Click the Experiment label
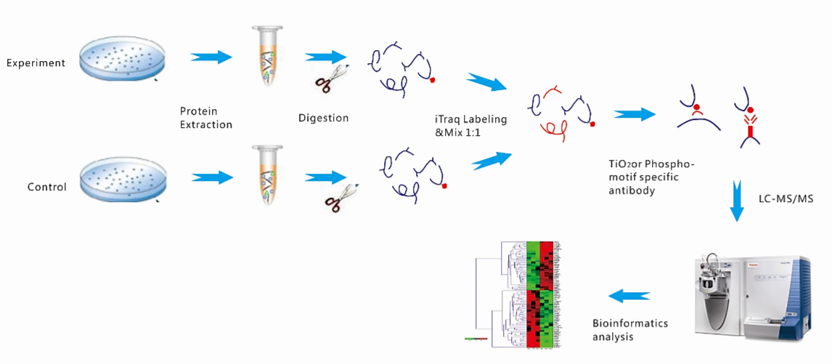pos(36,62)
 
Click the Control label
pos(47,187)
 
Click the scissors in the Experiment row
pos(334,77)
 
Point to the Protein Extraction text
pos(206,118)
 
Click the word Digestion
pos(323,118)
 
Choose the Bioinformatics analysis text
pos(629,330)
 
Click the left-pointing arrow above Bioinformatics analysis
pos(628,295)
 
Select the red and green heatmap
pos(540,294)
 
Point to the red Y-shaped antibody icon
pos(747,127)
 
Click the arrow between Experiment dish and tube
pos(211,56)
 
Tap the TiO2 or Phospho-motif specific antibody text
pos(650,177)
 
